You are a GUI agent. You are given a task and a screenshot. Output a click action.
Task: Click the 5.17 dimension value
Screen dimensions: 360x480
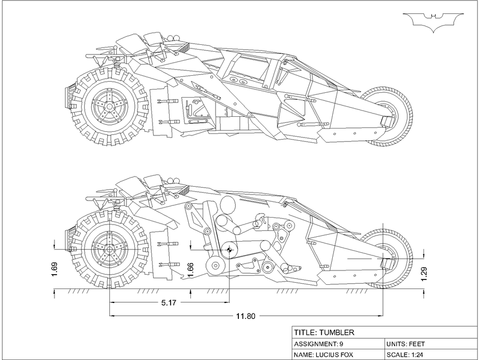[170, 302]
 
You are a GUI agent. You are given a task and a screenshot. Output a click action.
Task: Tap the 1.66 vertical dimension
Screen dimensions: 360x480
[190, 270]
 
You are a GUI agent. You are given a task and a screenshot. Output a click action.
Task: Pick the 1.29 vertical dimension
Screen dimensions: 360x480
[425, 273]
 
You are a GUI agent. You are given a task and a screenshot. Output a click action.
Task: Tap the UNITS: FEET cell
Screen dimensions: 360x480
[406, 343]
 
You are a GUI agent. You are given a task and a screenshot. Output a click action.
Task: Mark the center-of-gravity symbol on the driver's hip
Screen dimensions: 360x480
[229, 250]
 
